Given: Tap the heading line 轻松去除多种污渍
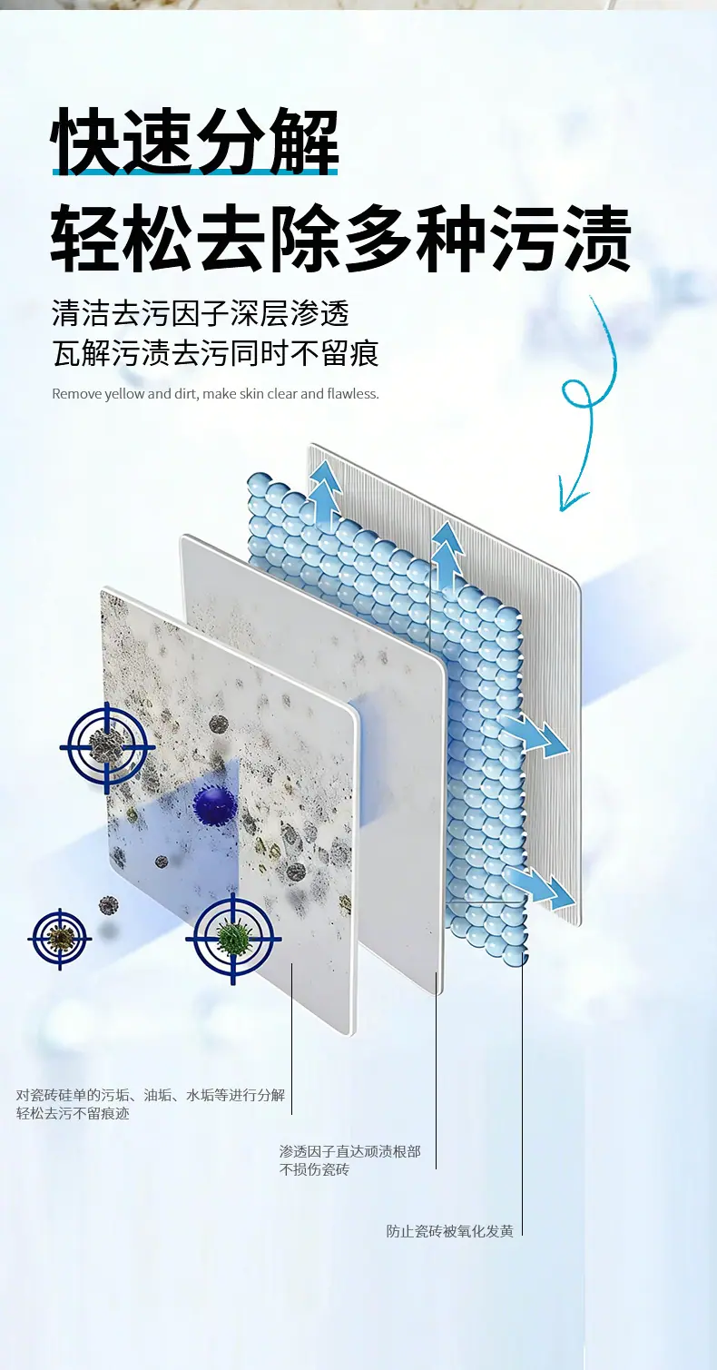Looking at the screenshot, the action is click(340, 239).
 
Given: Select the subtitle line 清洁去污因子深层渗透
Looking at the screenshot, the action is click(201, 313).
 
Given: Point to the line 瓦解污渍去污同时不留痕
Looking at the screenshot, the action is click(216, 353).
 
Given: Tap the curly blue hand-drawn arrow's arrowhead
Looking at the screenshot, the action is click(573, 498).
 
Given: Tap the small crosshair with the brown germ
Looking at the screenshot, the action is click(60, 938).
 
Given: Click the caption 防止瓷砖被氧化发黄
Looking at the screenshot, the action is click(450, 1231).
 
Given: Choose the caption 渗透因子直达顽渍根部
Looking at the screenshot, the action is click(349, 1151).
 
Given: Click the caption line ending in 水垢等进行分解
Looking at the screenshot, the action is click(151, 1095).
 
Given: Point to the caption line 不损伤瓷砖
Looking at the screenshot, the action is click(314, 1169).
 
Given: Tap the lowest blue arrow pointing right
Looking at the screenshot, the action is click(541, 887).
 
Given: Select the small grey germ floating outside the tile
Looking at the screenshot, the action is click(109, 904).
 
